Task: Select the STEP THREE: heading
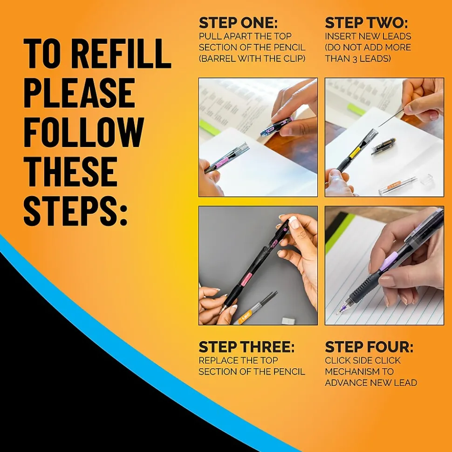click(247, 347)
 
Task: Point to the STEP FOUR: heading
click(369, 347)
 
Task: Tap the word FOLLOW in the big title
click(83, 133)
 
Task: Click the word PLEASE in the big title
click(80, 94)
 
